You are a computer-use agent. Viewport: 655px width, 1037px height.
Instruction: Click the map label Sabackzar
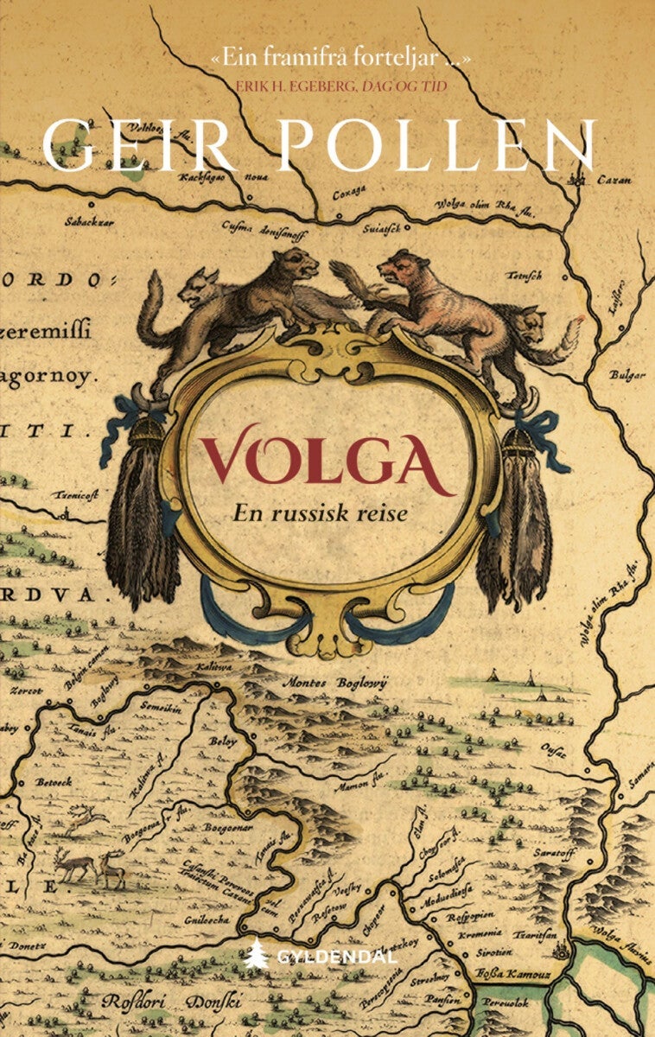91,221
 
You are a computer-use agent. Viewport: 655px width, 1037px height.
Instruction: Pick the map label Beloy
223,741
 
